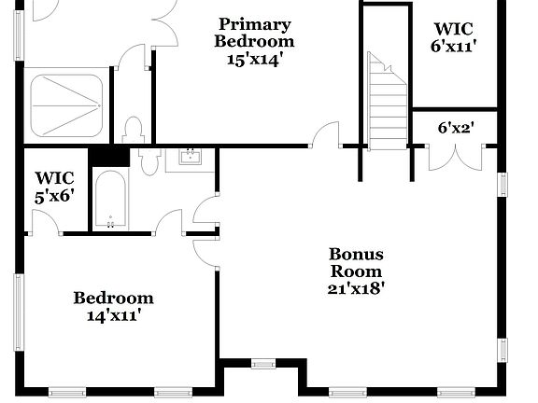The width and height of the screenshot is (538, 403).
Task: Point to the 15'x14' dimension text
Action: tap(254, 59)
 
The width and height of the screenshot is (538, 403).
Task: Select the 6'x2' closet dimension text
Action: tap(456, 127)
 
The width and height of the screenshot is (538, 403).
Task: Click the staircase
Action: tap(388, 103)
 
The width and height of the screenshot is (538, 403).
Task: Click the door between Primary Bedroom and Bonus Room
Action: tap(326, 136)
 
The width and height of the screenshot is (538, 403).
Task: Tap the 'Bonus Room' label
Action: tap(356, 262)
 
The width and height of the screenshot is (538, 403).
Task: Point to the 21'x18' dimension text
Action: tap(356, 288)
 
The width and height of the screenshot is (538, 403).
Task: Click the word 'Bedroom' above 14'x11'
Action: tap(114, 299)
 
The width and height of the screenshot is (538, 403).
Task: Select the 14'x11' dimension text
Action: tap(114, 315)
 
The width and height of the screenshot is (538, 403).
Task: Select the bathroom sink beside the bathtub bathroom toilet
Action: tap(191, 157)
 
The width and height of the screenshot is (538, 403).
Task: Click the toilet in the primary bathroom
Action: tap(133, 129)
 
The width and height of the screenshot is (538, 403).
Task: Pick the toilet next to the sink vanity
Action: tap(150, 162)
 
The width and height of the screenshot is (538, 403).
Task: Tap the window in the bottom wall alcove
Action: tap(263, 363)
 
